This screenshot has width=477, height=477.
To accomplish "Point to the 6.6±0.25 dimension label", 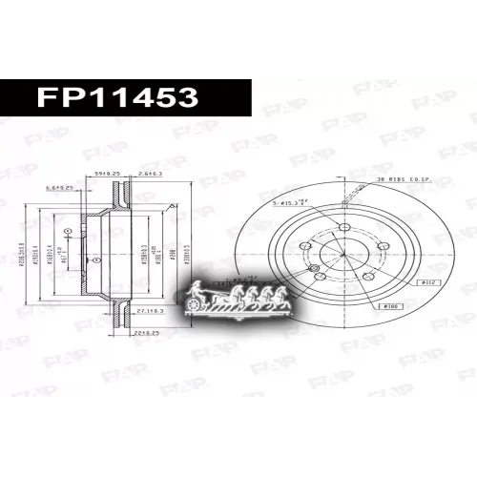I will tap(62, 188).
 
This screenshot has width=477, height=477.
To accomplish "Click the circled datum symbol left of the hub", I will tap(67, 231).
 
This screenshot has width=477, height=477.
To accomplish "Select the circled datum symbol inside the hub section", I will tap(95, 259).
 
